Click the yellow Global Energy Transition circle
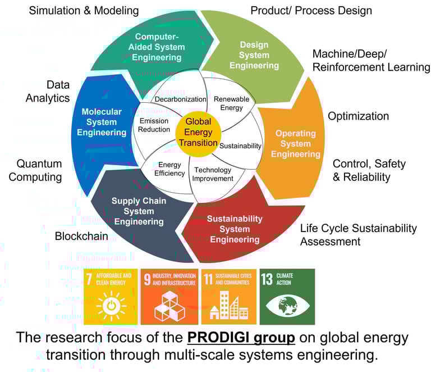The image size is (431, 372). (198, 134)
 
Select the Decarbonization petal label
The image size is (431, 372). (180, 99)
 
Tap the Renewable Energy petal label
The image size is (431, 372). (231, 103)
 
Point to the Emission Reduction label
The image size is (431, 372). (154, 125)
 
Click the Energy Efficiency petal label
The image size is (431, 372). (169, 169)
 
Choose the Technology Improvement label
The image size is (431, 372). (213, 174)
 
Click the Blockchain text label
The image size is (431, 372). (81, 236)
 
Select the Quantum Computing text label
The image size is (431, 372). (35, 170)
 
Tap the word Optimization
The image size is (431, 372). (359, 116)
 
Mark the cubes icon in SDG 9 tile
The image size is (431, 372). (169, 306)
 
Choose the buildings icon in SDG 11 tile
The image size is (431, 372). (229, 305)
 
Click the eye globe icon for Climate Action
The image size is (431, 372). (287, 306)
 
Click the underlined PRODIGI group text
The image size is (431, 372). (241, 338)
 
